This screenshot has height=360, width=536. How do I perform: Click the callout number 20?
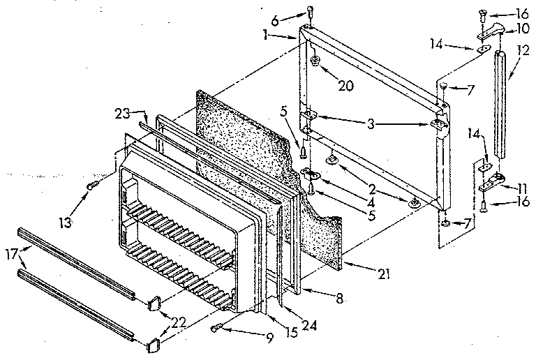[x=345, y=86]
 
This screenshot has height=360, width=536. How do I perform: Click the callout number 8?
[x=340, y=299]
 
